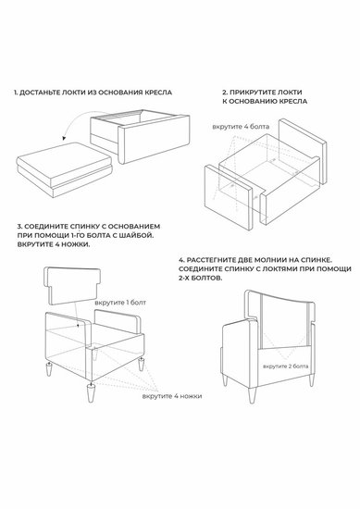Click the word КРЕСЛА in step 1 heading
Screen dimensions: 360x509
click(158, 93)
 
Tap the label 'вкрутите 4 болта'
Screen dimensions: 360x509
click(241, 126)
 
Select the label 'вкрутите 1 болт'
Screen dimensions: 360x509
click(120, 303)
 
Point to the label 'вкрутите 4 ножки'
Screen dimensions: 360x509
click(172, 396)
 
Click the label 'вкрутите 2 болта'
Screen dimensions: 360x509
click(286, 366)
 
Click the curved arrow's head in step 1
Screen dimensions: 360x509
click(65, 138)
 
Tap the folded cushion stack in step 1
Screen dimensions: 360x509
click(64, 169)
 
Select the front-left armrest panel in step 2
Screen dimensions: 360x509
click(229, 197)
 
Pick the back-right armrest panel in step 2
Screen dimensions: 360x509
click(303, 151)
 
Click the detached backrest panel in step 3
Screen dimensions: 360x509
click(72, 285)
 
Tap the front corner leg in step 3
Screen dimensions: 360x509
click(90, 393)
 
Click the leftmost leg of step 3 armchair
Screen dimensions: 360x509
click(49, 369)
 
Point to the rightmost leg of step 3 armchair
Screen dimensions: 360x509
click(141, 365)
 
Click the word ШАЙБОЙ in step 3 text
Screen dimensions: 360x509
click(140, 235)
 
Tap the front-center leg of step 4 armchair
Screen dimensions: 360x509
click(252, 395)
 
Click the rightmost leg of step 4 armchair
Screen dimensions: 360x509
click(312, 379)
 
